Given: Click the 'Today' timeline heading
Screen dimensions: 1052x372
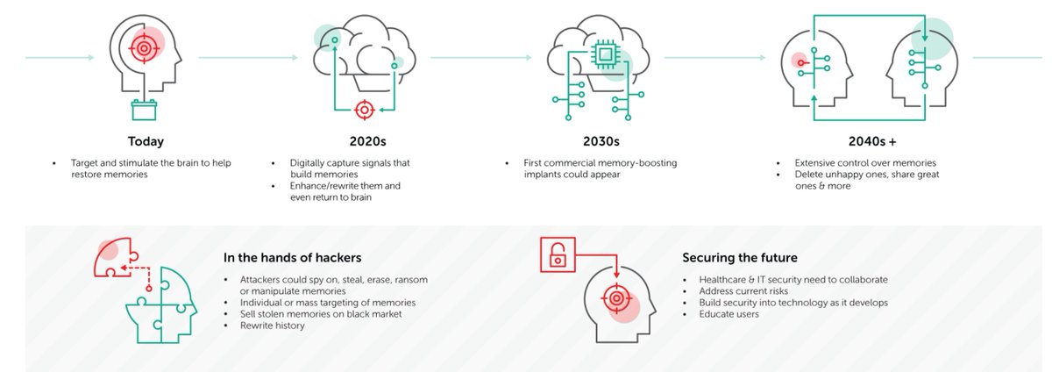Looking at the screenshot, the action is [x=146, y=140].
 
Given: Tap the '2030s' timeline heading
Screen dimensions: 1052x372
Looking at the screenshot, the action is [x=602, y=140].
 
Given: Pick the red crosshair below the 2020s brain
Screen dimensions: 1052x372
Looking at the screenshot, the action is [x=364, y=110].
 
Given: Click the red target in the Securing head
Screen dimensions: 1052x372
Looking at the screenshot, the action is [x=616, y=298].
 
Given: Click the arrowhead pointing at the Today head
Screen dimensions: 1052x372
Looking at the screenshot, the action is [x=90, y=58].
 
